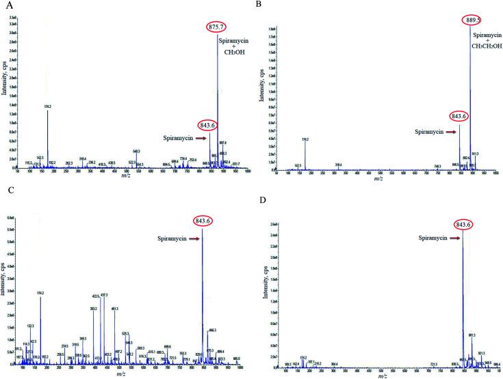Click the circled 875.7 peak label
218,27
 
